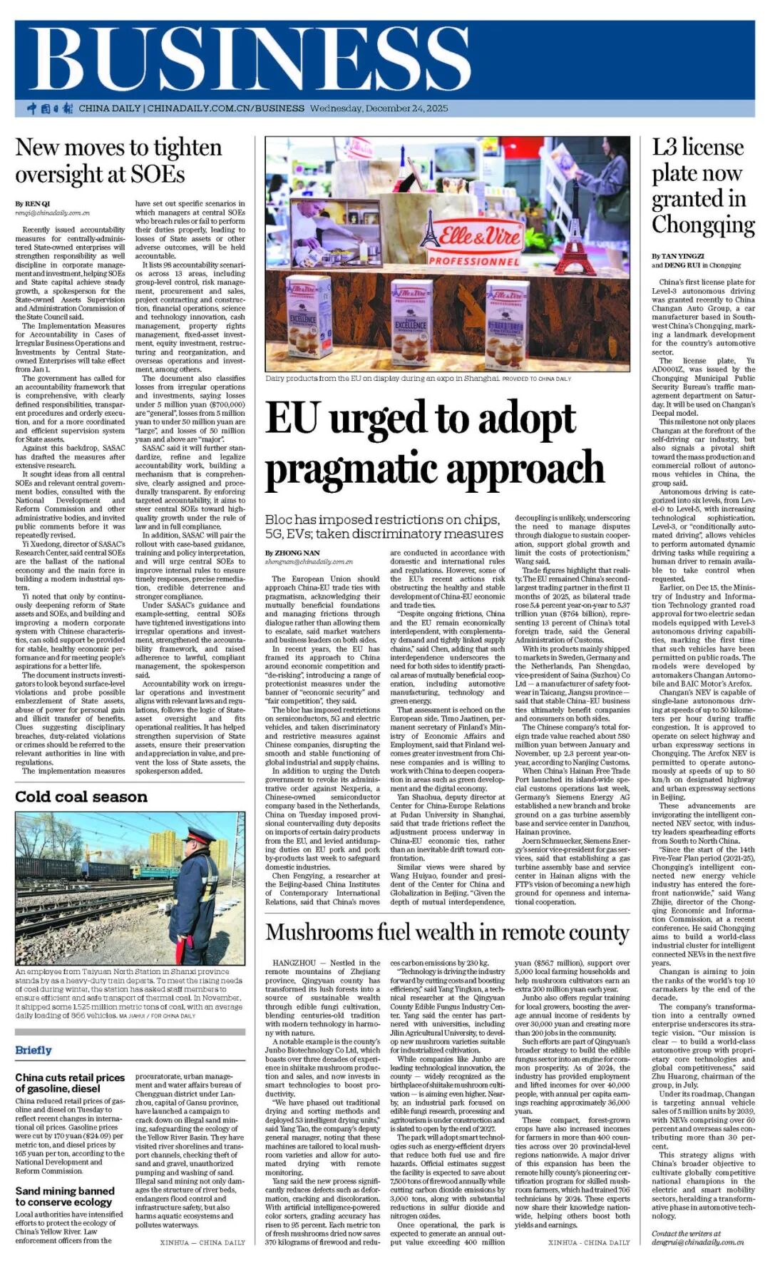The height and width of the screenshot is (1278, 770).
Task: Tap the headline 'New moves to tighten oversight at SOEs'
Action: point(118,160)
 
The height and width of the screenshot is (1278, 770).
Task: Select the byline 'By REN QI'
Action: point(33,204)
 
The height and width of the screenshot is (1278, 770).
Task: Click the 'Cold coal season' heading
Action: point(81,797)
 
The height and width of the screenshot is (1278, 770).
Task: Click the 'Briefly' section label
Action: point(34,1050)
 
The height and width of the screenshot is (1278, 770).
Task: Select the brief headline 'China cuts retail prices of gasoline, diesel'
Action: point(70,1083)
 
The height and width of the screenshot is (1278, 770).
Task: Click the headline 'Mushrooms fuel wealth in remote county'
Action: point(447,932)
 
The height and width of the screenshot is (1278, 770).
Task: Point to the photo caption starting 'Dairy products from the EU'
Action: point(381,379)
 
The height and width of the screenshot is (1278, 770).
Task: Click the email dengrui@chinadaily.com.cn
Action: point(697,1242)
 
